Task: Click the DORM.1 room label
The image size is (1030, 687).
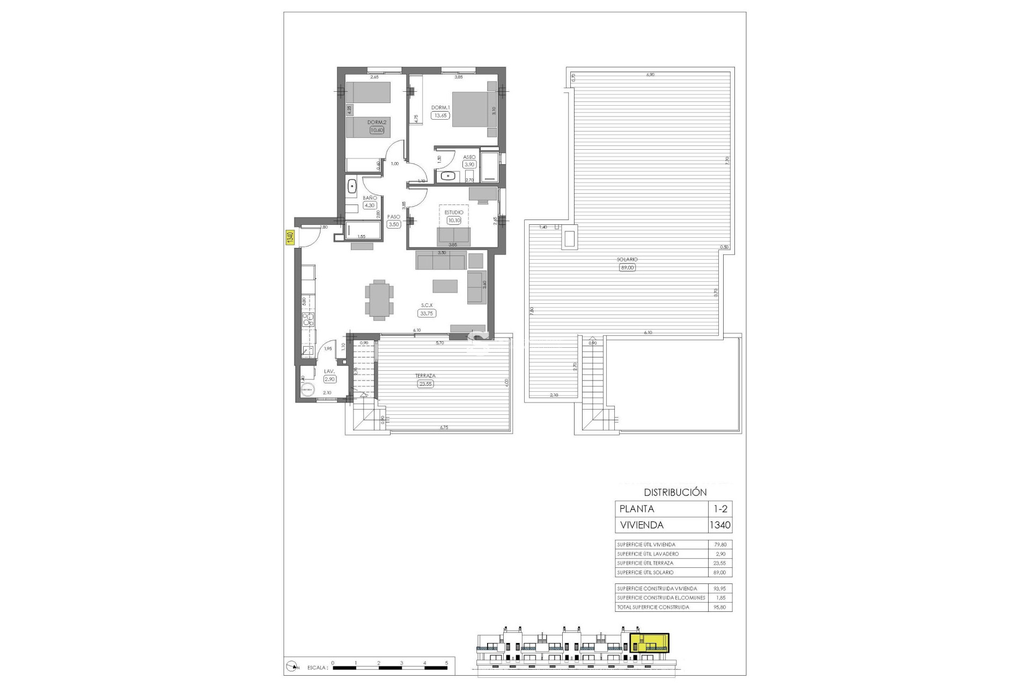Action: (440, 107)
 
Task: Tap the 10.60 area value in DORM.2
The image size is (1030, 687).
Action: (377, 129)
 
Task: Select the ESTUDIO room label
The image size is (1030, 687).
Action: (453, 213)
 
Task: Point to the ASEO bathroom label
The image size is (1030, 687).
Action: (469, 157)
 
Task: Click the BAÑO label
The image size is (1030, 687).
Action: (370, 198)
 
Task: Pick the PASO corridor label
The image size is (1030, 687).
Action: (394, 217)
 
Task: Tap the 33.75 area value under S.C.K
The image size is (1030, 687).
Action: (427, 313)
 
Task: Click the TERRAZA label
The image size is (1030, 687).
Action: (425, 376)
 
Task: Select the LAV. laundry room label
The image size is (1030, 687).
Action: (329, 371)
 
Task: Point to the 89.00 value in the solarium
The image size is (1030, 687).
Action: (627, 267)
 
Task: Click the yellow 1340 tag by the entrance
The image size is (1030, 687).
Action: (289, 238)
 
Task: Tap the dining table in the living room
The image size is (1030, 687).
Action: (379, 299)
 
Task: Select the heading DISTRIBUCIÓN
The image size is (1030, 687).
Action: (675, 492)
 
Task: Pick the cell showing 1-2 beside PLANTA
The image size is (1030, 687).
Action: (720, 509)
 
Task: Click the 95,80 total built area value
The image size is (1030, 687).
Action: (720, 607)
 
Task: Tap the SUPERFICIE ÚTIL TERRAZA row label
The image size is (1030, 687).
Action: (645, 563)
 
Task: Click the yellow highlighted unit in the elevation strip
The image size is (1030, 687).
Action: (649, 642)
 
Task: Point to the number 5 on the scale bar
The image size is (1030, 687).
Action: (447, 663)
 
